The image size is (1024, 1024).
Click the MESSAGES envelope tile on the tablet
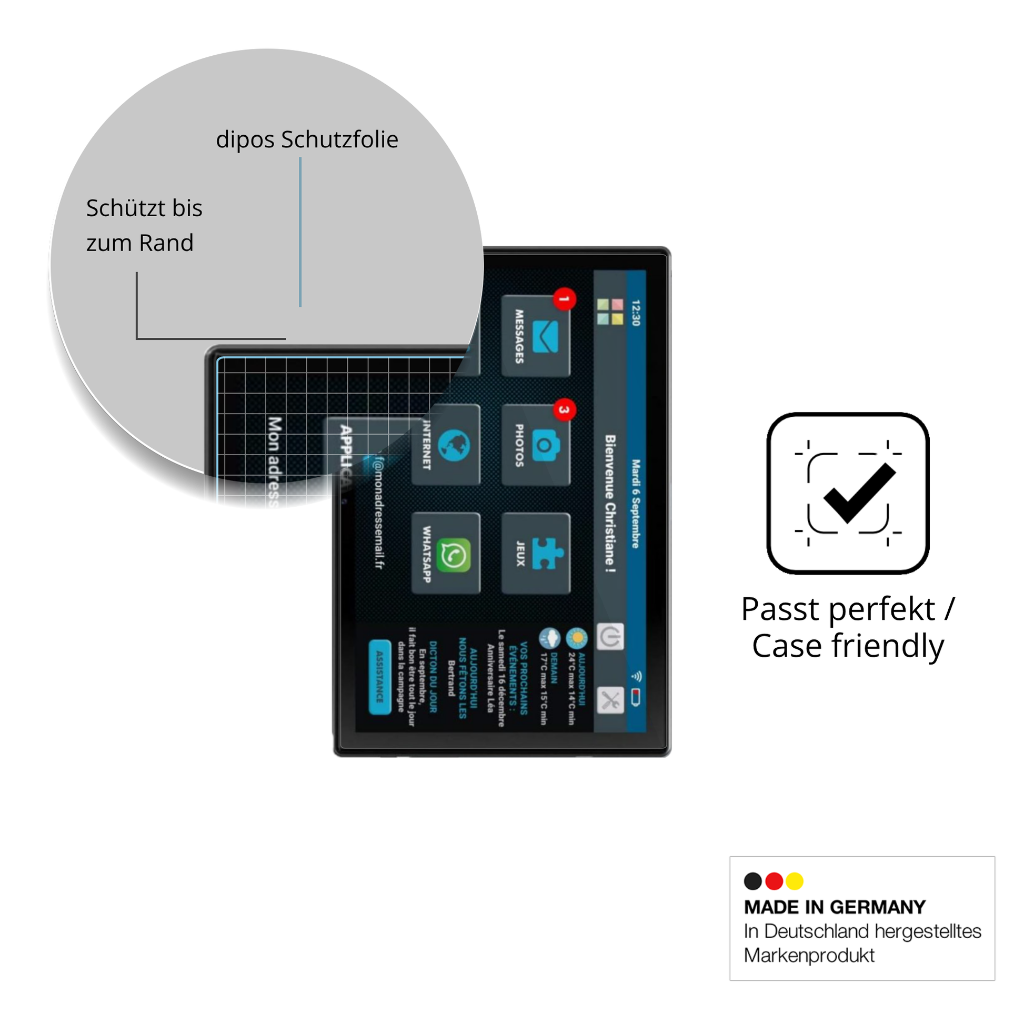(535, 336)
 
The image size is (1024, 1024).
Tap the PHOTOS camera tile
(535, 445)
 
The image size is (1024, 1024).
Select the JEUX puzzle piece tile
(535, 554)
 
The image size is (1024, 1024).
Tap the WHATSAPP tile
(446, 554)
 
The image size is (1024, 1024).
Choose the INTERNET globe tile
(446, 445)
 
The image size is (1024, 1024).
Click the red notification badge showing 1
(565, 299)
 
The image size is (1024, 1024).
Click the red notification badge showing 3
(565, 410)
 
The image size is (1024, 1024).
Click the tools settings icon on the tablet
(610, 701)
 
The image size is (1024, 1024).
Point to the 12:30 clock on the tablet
(636, 313)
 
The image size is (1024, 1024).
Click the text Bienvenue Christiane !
(610, 504)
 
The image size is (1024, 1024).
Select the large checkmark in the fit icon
(859, 493)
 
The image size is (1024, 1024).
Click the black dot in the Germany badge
(752, 881)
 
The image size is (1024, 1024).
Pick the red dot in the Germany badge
(774, 881)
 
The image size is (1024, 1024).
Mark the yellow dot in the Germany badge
(795, 881)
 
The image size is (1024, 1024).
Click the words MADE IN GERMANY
(834, 907)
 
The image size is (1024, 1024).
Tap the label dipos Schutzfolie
(307, 139)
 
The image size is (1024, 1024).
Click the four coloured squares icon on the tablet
(610, 312)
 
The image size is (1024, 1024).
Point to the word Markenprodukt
(809, 955)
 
